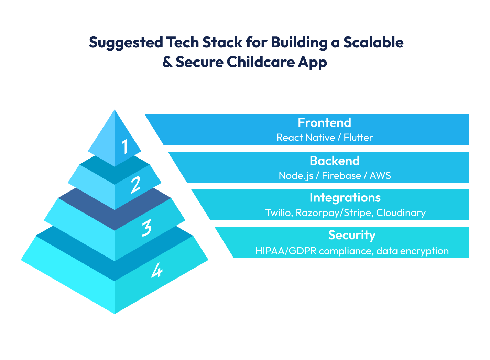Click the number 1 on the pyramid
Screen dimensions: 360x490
pos(125,146)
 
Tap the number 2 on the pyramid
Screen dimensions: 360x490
pos(135,185)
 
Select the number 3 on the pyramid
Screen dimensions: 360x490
pos(146,228)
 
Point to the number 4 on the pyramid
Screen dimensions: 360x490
pos(156,270)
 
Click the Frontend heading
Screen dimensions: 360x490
pos(324,123)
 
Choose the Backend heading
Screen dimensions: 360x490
pos(334,161)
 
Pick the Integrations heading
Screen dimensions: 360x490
pos(345,198)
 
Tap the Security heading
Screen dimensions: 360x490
pos(351,235)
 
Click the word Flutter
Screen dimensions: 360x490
pos(358,138)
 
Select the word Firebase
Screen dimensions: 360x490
pos(341,176)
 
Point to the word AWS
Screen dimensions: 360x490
pos(380,176)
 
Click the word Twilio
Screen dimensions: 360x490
pos(278,213)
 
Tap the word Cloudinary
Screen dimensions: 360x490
pos(401,213)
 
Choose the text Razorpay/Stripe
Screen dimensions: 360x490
pos(334,213)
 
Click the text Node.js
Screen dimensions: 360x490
pos(296,176)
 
